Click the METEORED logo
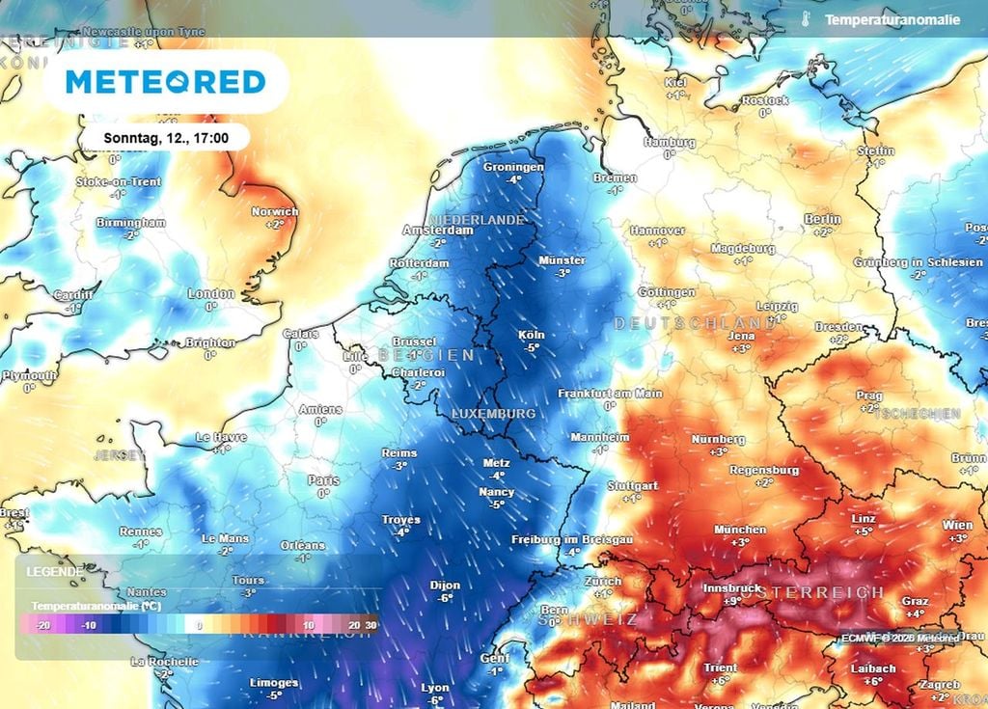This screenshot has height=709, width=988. click(x=165, y=82)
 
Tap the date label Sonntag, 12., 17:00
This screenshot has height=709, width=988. click(x=166, y=137)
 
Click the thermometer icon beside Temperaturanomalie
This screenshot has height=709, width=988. click(x=804, y=19)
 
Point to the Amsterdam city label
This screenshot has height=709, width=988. click(x=437, y=231)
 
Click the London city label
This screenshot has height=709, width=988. click(x=211, y=294)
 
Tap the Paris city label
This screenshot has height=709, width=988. click(x=323, y=480)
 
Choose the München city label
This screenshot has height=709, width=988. click(x=740, y=530)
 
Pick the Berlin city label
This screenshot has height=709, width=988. click(x=822, y=220)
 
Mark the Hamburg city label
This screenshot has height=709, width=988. click(x=669, y=143)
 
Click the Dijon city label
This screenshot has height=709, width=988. click(x=445, y=585)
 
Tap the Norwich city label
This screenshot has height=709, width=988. click(x=274, y=211)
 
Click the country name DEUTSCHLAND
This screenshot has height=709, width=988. click(x=695, y=322)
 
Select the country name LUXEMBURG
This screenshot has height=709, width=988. click(x=493, y=413)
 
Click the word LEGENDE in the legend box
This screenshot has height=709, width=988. click(x=55, y=571)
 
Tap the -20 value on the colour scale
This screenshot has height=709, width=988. click(x=42, y=625)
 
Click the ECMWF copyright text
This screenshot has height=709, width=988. click(x=899, y=638)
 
